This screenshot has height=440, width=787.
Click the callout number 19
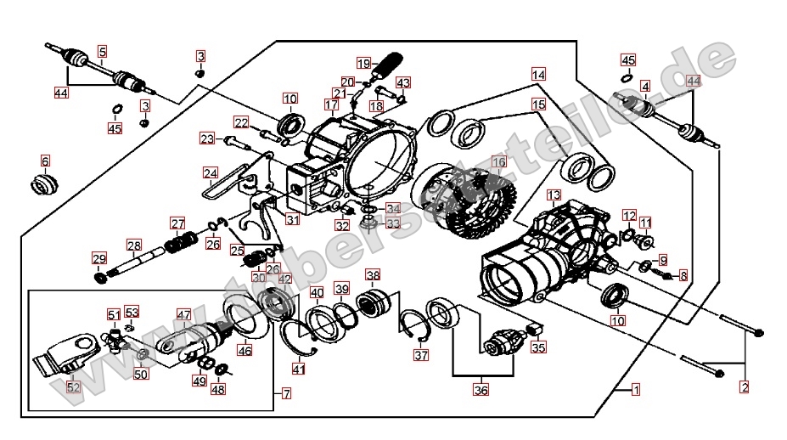[x=363, y=63]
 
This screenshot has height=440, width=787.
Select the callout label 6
[x=45, y=160]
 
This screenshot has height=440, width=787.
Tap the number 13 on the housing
[x=554, y=195]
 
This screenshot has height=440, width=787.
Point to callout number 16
[x=498, y=161]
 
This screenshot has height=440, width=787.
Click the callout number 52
[x=74, y=387]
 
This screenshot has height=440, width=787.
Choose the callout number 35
[x=538, y=347]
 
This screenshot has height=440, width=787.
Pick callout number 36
[x=481, y=390]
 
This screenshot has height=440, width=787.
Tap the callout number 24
[x=211, y=173]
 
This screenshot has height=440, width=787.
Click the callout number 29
[x=98, y=258]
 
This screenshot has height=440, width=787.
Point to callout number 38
[x=373, y=274]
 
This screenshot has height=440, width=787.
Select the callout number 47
[x=184, y=314]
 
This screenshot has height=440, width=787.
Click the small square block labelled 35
[x=536, y=330]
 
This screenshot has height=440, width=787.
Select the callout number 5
[x=102, y=52]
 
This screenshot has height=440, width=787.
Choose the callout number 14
[x=538, y=74]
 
